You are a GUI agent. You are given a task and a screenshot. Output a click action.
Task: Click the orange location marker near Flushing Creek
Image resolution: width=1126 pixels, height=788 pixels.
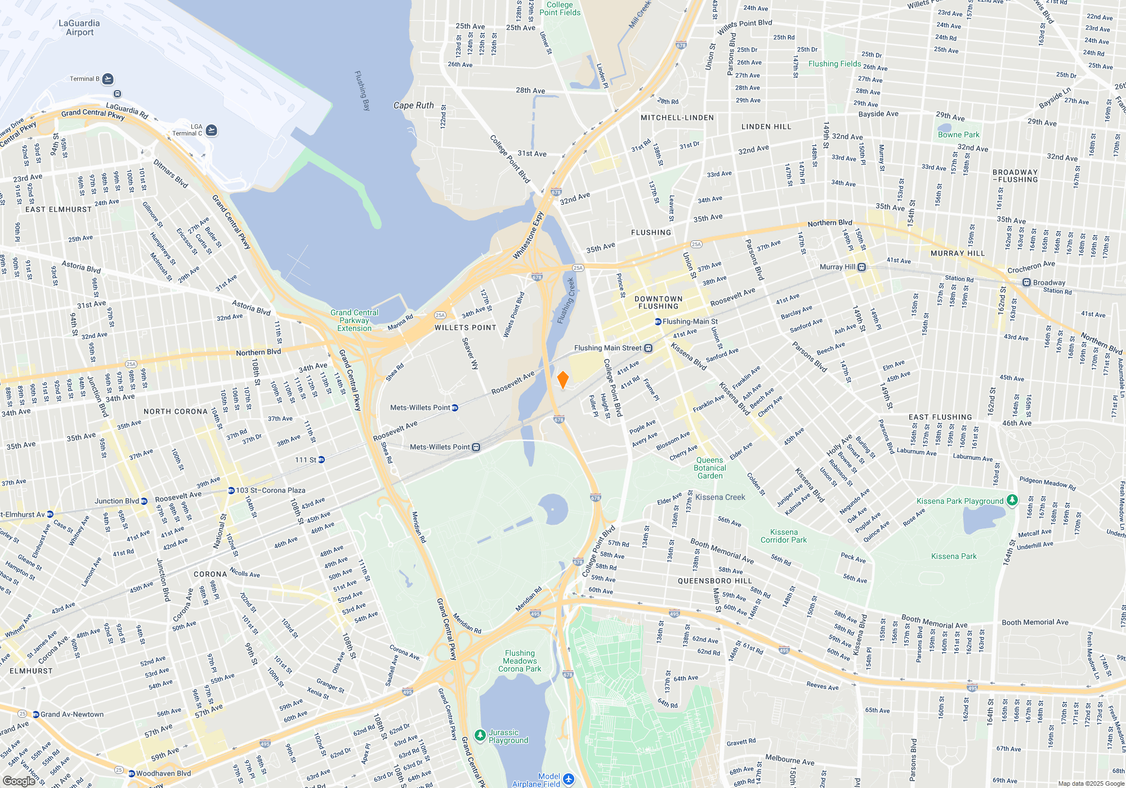(x=562, y=379)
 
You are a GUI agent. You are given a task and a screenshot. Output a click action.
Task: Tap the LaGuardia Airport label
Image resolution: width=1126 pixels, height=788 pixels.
(x=79, y=28)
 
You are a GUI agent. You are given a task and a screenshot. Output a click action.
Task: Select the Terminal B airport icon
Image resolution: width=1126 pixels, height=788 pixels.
(x=108, y=79)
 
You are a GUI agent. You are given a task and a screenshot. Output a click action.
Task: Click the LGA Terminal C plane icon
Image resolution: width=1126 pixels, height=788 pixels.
(x=211, y=130)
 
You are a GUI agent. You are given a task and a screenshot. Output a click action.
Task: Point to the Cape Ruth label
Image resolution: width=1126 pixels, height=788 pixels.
(x=413, y=105)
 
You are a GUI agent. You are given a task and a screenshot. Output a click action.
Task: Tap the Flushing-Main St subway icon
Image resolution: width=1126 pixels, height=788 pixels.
(x=658, y=322)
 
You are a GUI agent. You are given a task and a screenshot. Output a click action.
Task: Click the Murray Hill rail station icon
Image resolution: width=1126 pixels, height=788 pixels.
(x=861, y=267)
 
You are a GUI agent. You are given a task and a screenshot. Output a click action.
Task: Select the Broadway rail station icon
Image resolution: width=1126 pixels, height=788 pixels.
(x=1026, y=283)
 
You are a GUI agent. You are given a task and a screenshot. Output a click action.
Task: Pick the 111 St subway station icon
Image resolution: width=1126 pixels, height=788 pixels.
(x=321, y=460)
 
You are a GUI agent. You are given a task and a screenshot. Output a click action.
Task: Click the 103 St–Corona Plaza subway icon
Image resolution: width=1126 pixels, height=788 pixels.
(x=231, y=490)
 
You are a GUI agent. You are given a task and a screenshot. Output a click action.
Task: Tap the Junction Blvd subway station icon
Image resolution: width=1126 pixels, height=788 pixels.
(x=144, y=501)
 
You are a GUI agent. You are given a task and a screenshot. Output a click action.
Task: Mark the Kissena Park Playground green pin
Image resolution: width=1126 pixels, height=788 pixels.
(x=1012, y=500)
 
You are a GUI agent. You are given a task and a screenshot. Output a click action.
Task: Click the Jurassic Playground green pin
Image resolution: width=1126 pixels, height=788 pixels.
(x=480, y=735)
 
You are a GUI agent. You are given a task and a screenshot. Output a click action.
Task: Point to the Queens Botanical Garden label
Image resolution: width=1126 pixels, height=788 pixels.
(x=710, y=468)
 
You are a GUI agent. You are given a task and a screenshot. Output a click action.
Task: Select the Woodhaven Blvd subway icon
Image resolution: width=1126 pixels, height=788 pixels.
(x=131, y=773)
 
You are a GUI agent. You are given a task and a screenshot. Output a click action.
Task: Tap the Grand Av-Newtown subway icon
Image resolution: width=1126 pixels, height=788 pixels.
(x=35, y=714)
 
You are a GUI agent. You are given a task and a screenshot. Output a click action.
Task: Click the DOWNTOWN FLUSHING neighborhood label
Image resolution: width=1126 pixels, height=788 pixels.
(x=658, y=303)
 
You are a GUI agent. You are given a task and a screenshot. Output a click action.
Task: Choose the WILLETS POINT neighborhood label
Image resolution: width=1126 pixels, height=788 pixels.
(x=465, y=328)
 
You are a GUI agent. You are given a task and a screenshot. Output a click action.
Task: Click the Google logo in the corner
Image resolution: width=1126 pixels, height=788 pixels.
(x=19, y=781)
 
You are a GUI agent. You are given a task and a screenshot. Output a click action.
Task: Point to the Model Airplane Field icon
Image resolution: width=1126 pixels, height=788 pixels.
(x=568, y=778)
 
